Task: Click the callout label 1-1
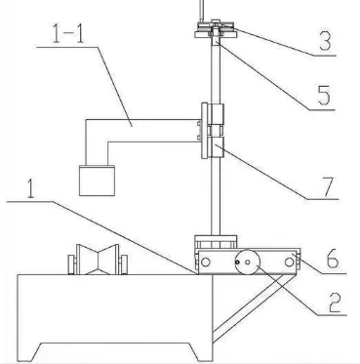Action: pyautogui.click(x=68, y=34)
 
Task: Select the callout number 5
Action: pyautogui.click(x=324, y=95)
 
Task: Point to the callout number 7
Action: pyautogui.click(x=327, y=187)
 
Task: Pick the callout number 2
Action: pyautogui.click(x=335, y=303)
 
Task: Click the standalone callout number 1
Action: pyautogui.click(x=30, y=188)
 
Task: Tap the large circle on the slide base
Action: pyautogui.click(x=248, y=263)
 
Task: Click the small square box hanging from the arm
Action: pyautogui.click(x=97, y=181)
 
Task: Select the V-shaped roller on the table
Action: pyautogui.click(x=98, y=260)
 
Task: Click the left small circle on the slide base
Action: pyautogui.click(x=206, y=263)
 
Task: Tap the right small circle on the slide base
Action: pyautogui.click(x=289, y=263)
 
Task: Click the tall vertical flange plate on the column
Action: pyautogui.click(x=204, y=131)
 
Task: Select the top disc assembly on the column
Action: pyautogui.click(x=215, y=29)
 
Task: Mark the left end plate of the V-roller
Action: pyautogui.click(x=71, y=264)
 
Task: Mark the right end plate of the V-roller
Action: pyautogui.click(x=124, y=264)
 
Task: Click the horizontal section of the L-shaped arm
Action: pyautogui.click(x=143, y=131)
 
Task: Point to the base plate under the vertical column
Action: pyautogui.click(x=216, y=242)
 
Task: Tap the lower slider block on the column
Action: pyautogui.click(x=217, y=147)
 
